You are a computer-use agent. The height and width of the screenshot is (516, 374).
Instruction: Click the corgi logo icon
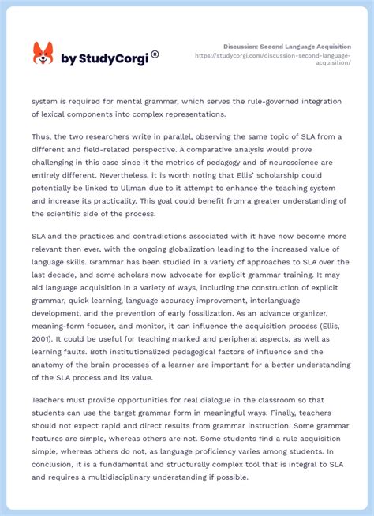pos(43,54)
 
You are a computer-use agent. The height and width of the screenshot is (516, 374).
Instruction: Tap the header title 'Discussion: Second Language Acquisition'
pos(287,47)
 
